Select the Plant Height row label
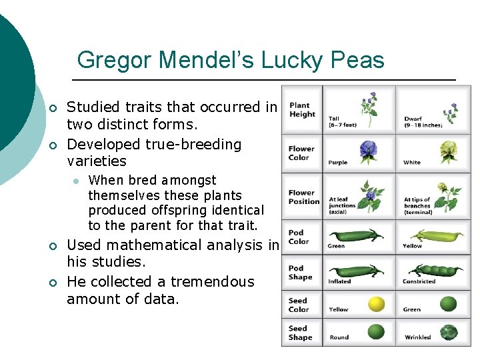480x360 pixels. [302, 109]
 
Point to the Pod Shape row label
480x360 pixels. [299, 273]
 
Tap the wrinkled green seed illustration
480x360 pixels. [449, 331]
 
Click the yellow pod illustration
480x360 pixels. [437, 236]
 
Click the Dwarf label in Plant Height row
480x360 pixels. [413, 119]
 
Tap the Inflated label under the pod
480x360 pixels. [340, 281]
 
